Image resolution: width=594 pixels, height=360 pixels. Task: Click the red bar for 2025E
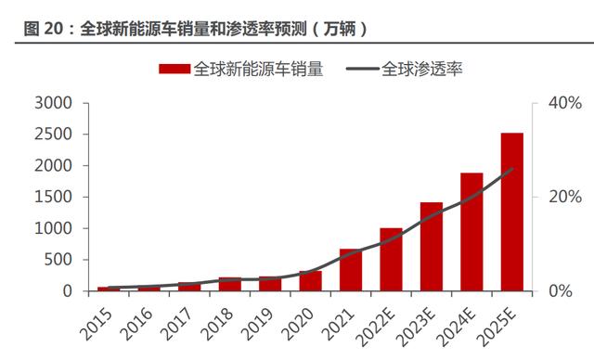pos(511,212)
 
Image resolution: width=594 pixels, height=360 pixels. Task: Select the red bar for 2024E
pos(471,232)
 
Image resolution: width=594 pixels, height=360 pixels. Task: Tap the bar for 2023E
pos(432,247)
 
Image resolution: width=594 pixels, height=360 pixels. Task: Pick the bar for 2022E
pos(391,260)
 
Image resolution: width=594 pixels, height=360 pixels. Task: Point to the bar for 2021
pos(351,270)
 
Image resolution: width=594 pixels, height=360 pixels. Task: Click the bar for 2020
pos(311,281)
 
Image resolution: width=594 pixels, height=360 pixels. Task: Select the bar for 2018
pos(230,284)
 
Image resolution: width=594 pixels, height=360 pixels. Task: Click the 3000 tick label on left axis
pos(53,103)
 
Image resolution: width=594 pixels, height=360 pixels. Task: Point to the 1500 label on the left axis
pos(53,197)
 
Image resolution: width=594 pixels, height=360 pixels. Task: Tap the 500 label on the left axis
pos(58,260)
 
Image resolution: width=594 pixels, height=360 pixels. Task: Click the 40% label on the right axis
pos(565,103)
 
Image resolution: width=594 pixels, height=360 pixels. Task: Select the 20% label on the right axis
pos(565,197)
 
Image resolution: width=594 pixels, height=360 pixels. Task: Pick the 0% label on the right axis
pos(561,291)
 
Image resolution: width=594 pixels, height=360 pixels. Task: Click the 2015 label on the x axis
pos(97,325)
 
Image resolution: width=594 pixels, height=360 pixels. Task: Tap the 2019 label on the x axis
pos(257,325)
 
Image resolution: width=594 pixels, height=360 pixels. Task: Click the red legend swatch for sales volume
pos(174,69)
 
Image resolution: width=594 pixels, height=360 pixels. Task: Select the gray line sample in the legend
pos(363,69)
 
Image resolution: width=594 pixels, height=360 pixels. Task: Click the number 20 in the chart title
pos(54,29)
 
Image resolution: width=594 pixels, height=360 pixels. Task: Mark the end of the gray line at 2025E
pos(512,169)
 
